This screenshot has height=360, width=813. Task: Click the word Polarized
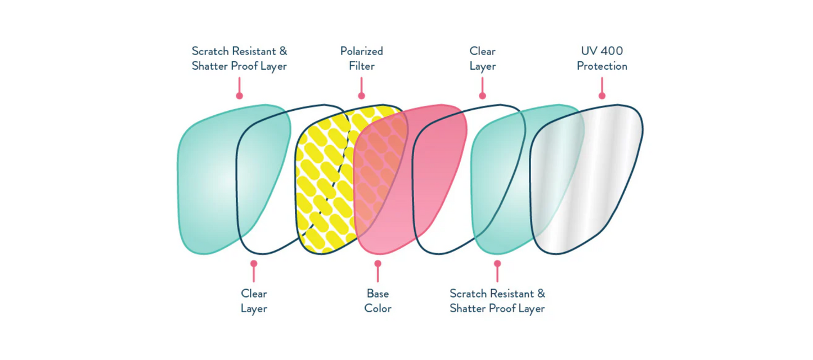point(361,51)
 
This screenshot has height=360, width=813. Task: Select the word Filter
point(361,66)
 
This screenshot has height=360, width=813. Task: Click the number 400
point(612,51)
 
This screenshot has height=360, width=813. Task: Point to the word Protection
point(601,66)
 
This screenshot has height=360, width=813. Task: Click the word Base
point(378,293)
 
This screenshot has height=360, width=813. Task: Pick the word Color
point(378,308)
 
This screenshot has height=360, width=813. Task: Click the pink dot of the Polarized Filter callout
point(361,96)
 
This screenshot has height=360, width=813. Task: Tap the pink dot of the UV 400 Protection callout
point(602,96)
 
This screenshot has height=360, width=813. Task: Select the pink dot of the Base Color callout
point(378,263)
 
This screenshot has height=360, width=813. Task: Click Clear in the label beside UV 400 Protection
point(482,51)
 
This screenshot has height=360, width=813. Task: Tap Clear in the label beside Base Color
point(254,293)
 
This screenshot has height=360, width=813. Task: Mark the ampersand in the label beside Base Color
point(540,293)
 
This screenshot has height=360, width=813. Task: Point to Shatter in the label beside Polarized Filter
point(209,66)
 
